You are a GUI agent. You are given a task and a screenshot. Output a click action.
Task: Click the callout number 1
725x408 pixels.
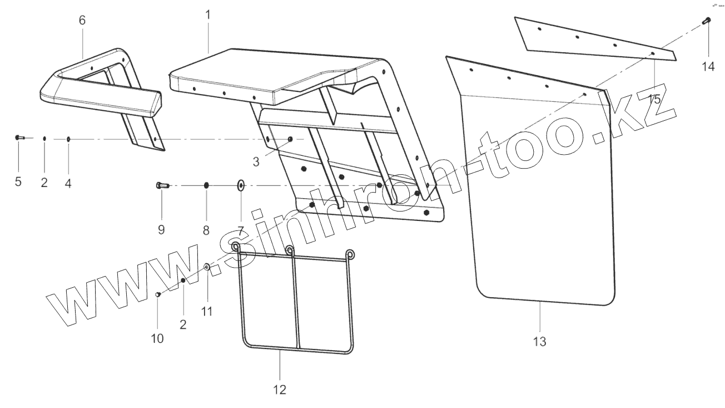[208, 14]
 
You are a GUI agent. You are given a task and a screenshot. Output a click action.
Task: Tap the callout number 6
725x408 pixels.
[82, 21]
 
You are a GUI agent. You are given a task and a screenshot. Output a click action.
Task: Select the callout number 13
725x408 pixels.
[539, 341]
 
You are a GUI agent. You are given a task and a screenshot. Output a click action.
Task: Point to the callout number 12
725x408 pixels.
[280, 390]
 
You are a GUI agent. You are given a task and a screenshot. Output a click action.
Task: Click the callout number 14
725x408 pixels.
[708, 66]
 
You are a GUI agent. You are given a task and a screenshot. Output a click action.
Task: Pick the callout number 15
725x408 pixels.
[654, 100]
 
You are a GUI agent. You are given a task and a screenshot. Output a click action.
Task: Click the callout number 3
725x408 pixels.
[256, 162]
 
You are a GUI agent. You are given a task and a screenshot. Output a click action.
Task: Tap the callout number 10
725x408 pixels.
[157, 338]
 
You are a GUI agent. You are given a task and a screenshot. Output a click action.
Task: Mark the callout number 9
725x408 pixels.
[161, 229]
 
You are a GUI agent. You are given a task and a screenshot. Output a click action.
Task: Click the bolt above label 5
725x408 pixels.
[19, 137]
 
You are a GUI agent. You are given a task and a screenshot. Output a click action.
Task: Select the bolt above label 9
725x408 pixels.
[161, 185]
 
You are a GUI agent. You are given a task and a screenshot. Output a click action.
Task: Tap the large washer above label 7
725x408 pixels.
[241, 185]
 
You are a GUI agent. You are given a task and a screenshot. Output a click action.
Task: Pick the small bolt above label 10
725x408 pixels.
[157, 294]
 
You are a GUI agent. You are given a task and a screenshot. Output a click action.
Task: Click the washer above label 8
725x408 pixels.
[206, 185]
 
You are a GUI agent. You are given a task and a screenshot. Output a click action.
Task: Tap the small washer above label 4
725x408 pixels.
[68, 138]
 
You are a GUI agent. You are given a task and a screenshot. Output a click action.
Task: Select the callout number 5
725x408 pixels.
[18, 182]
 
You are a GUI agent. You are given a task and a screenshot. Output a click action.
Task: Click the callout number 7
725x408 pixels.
[241, 229]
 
